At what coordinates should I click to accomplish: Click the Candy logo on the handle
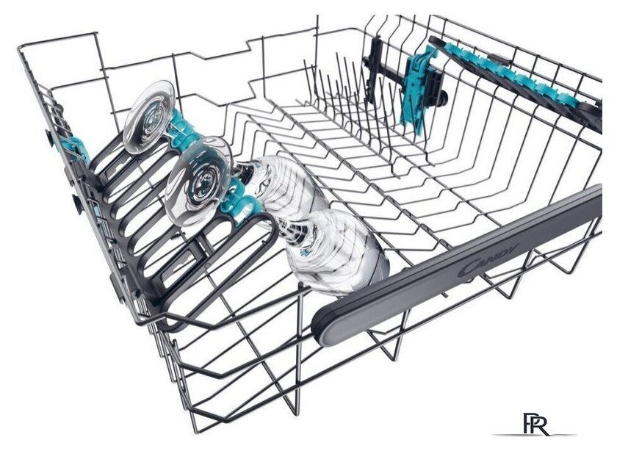click(488, 260)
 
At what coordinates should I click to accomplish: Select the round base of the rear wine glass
click(148, 117)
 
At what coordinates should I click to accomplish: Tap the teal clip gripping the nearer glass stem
click(241, 201)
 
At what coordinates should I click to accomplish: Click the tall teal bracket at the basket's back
click(418, 87)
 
